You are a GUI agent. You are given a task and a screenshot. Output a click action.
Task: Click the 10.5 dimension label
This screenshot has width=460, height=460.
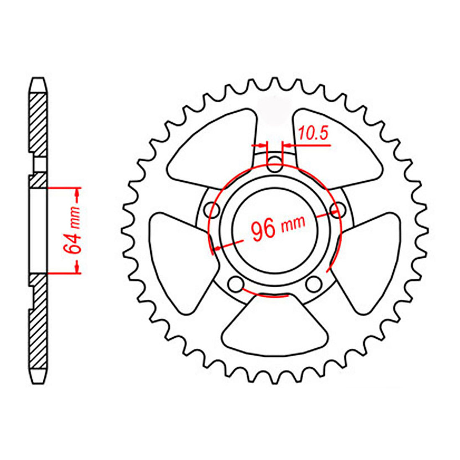[x=313, y=133]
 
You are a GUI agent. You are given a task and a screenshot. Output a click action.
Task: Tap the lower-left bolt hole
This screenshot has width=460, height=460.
[x=236, y=284]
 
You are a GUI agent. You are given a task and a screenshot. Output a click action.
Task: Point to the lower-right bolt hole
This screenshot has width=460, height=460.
[x=314, y=284]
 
